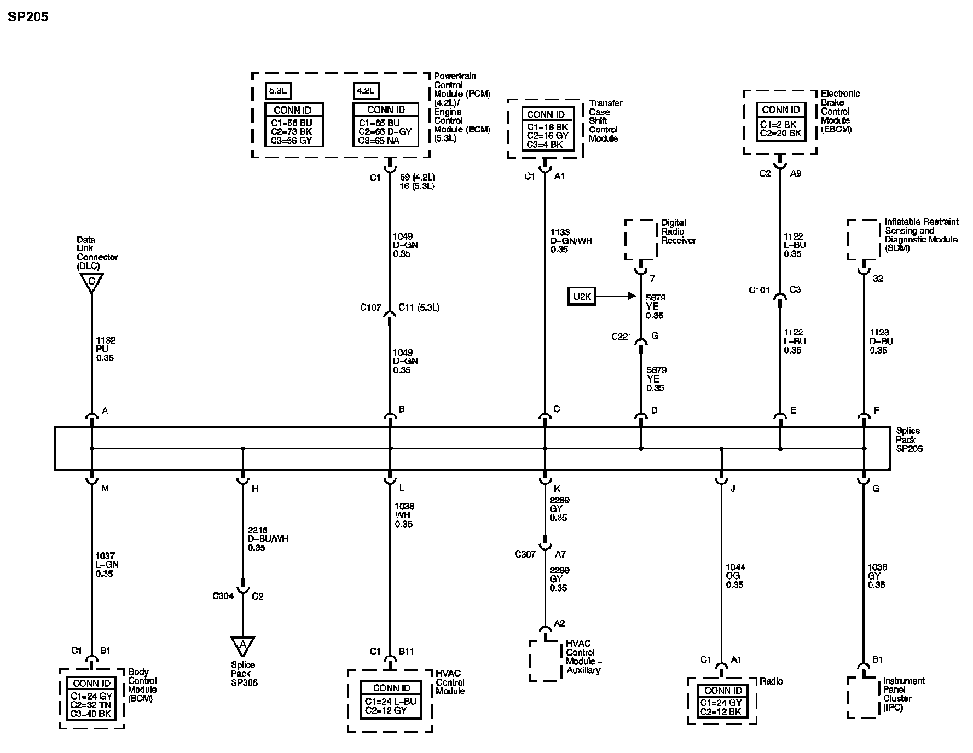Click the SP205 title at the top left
click(x=28, y=17)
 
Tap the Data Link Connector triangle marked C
click(x=91, y=282)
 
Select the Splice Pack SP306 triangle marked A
click(x=242, y=646)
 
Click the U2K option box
click(x=581, y=297)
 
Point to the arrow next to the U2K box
click(x=616, y=297)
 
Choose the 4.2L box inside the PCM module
click(x=366, y=91)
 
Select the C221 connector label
click(x=621, y=337)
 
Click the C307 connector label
click(x=525, y=554)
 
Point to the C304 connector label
click(x=223, y=596)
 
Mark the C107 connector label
click(x=370, y=308)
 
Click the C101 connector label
click(x=759, y=290)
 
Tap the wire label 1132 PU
click(x=106, y=349)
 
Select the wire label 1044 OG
click(x=735, y=576)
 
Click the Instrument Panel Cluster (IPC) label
click(x=903, y=694)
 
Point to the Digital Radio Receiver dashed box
click(x=640, y=240)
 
